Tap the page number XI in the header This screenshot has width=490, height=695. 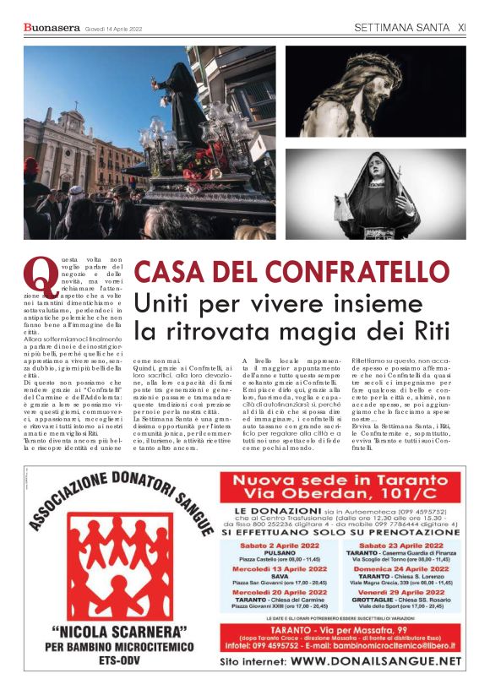(x=461, y=28)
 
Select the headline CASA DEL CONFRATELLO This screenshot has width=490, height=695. (x=291, y=272)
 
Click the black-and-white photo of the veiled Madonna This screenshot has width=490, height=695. (x=375, y=193)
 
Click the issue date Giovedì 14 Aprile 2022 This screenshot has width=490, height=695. (x=113, y=29)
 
